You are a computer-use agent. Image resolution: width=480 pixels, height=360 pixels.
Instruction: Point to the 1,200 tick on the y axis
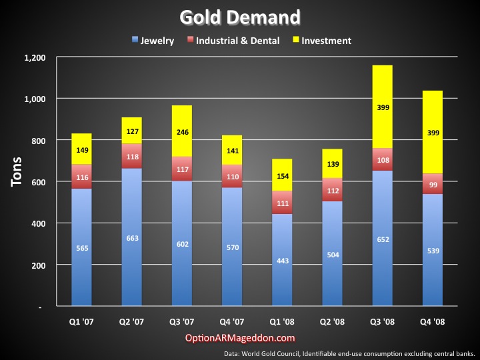(x=34, y=58)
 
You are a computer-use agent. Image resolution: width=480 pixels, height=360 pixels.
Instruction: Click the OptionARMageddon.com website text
(x=240, y=339)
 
